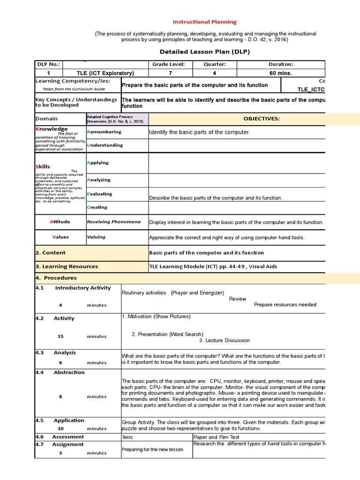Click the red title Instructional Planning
tap(205, 22)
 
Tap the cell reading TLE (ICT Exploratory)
tap(105, 73)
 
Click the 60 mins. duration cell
tap(280, 73)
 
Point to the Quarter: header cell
tap(214, 64)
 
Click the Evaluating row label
tap(100, 194)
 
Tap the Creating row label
tap(97, 207)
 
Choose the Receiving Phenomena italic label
tap(113, 222)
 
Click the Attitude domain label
tap(60, 222)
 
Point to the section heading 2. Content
tap(51, 253)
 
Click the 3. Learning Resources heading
tap(67, 266)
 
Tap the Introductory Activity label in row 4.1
tap(82, 288)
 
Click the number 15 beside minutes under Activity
tap(60, 337)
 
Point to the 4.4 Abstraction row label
tap(60, 373)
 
